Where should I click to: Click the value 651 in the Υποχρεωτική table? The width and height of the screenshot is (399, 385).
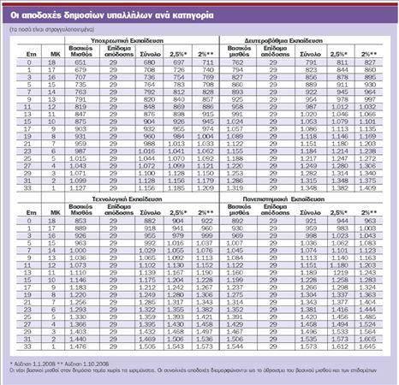point(81,62)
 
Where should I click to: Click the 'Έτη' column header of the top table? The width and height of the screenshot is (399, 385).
point(20,53)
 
